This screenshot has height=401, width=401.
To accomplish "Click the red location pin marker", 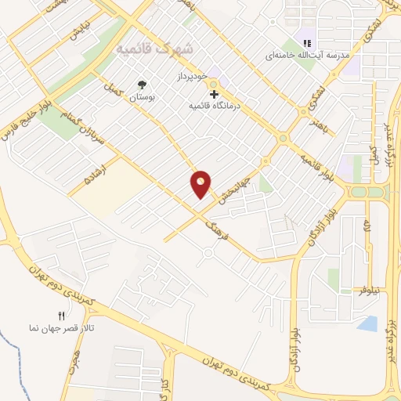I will (x=201, y=184).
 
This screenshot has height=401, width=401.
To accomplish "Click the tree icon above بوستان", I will (x=142, y=84).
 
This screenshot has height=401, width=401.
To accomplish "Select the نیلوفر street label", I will (x=365, y=291).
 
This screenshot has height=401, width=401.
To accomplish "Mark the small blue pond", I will (x=367, y=323).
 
